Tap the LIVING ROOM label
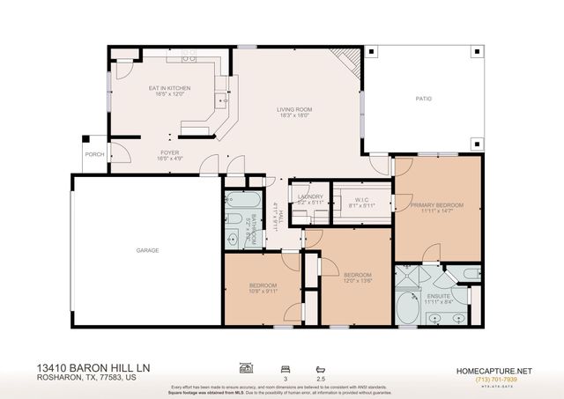pos(295,109)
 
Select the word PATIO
pos(424,99)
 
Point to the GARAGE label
pos(147,250)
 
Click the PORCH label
pos(93,154)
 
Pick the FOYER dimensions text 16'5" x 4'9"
pos(169,159)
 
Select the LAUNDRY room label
pos(311,196)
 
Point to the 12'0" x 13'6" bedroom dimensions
pos(357,281)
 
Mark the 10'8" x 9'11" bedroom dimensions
pos(263,292)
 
